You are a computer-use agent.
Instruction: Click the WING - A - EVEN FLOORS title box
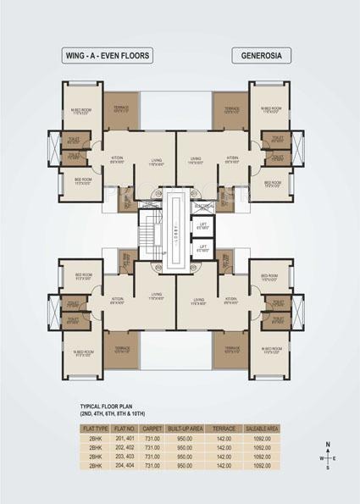pos(108,56)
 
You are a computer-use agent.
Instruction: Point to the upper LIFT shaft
pos(202,227)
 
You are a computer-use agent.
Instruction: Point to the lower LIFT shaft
pos(202,249)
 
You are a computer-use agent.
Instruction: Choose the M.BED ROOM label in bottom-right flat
pos(270,348)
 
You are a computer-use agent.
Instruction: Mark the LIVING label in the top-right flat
pos(196,158)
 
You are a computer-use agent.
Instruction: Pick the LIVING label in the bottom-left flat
pos(156,299)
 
